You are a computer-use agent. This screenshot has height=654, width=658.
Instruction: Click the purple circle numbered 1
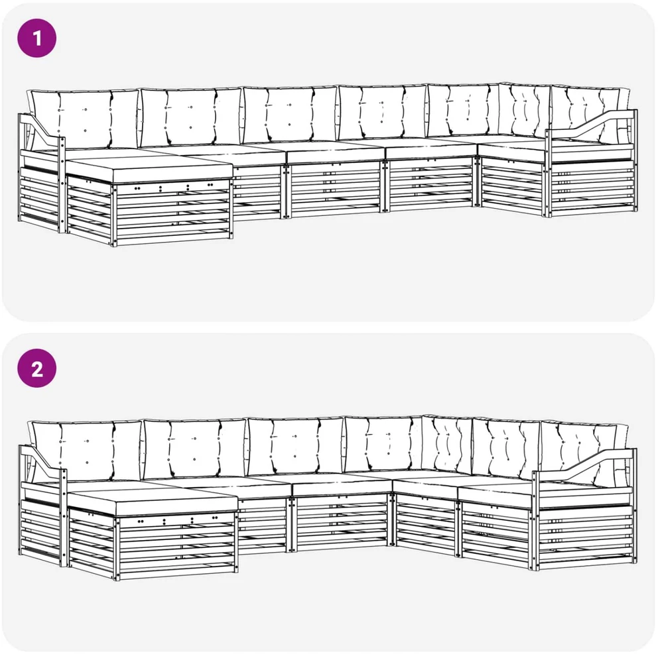point(37,38)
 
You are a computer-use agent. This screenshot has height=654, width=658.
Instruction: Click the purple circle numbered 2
point(37,368)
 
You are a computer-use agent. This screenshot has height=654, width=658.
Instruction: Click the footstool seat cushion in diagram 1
point(149,169)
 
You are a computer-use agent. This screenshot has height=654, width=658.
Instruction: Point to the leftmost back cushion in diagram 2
point(86,451)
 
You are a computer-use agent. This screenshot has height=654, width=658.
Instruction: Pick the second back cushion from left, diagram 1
point(191,117)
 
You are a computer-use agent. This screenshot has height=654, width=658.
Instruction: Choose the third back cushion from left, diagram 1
point(290,114)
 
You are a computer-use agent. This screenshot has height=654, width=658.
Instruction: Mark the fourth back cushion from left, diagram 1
point(382,112)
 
